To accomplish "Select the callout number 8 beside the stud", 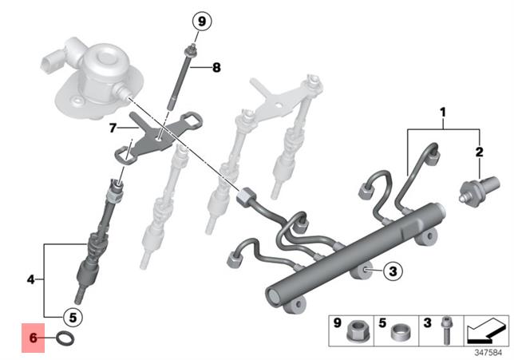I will (215, 68).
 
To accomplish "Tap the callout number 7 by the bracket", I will (113, 127).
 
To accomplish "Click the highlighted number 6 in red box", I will (34, 338).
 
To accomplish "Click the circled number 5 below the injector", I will (72, 317).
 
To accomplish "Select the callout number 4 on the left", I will (30, 279).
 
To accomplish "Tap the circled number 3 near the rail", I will (391, 272).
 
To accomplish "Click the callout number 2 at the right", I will (480, 151).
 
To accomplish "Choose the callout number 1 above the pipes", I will (443, 115).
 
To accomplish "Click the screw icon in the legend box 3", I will (445, 330).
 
